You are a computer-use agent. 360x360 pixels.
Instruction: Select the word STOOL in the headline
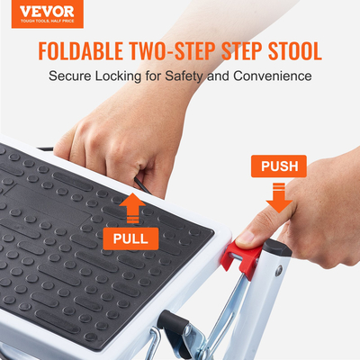click(x=289, y=50)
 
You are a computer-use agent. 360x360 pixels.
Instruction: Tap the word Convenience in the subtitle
click(x=270, y=76)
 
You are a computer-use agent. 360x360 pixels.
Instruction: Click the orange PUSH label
click(x=279, y=166)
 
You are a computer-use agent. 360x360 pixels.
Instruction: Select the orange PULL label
click(x=131, y=238)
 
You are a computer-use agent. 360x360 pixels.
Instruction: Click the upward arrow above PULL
click(x=131, y=209)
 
